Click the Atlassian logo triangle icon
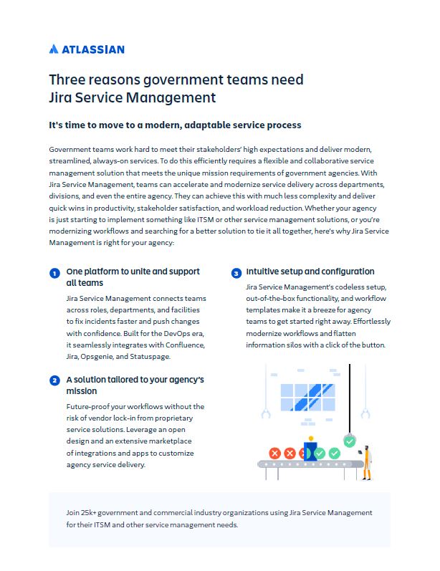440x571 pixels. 54,49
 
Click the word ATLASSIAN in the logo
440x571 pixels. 93,49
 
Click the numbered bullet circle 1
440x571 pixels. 54,274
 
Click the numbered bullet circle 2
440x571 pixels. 54,380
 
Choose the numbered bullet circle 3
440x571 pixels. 236,273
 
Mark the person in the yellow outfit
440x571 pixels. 365,460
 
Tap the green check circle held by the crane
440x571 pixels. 349,441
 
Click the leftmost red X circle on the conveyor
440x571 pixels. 274,454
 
